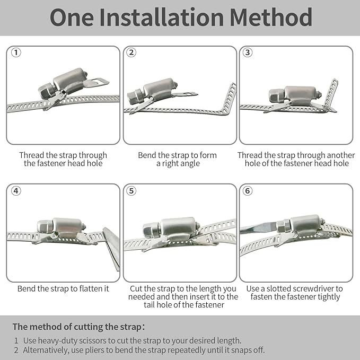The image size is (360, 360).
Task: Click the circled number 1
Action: click(16, 52)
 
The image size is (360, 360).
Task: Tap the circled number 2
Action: click(131, 52)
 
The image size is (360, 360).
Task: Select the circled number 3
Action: click(248, 52)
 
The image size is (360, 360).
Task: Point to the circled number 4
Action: click(16, 191)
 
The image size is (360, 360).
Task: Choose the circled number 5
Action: click(131, 191)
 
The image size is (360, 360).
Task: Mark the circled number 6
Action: click(248, 191)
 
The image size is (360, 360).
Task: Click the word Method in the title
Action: click(271, 17)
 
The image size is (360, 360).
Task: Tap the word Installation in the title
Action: click(161, 17)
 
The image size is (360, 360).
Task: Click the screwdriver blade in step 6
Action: click(258, 228)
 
